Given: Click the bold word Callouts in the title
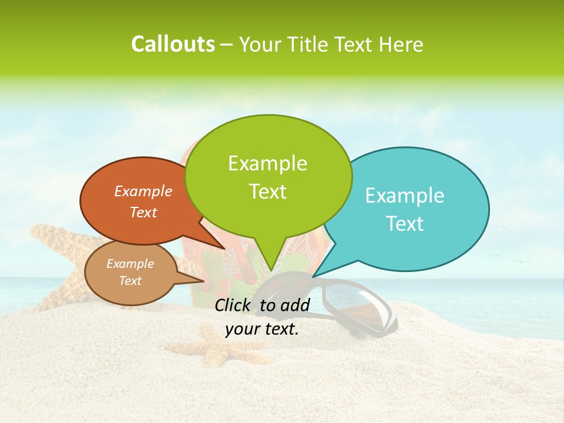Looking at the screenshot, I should (x=173, y=44).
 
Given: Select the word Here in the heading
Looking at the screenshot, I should (x=401, y=45).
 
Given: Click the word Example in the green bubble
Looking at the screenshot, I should (x=267, y=163).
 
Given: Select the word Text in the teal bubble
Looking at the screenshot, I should (x=405, y=224).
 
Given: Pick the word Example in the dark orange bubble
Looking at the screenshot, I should (x=143, y=192).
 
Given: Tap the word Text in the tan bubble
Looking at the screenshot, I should (x=130, y=281).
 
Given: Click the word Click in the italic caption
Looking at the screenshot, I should (x=234, y=305).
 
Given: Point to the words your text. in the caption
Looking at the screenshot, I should (x=262, y=329).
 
